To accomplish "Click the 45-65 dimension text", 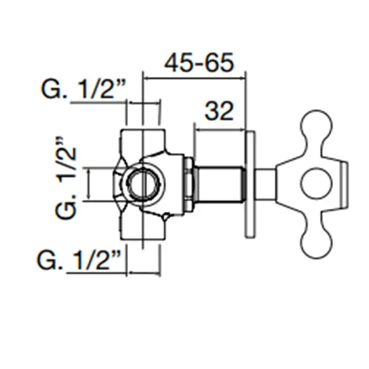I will (x=198, y=64).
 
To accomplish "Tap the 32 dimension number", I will (x=219, y=111).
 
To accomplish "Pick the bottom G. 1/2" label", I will (x=80, y=260).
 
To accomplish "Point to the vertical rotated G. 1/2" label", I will (x=67, y=178).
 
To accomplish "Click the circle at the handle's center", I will (x=317, y=185).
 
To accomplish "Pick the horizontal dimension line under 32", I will (x=220, y=127).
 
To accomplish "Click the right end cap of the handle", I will (x=346, y=184).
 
